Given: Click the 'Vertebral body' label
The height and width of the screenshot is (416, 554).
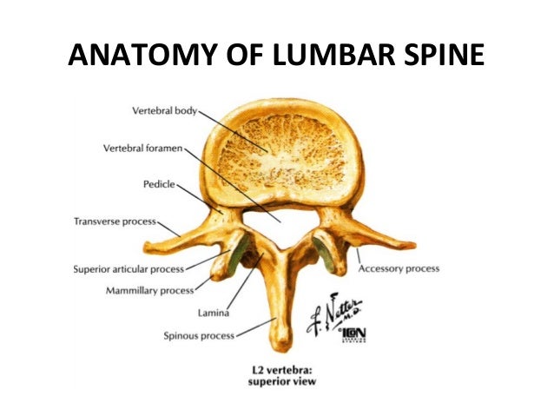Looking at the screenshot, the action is click(x=165, y=111).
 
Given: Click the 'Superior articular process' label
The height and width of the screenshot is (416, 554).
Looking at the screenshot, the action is click(x=128, y=269).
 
